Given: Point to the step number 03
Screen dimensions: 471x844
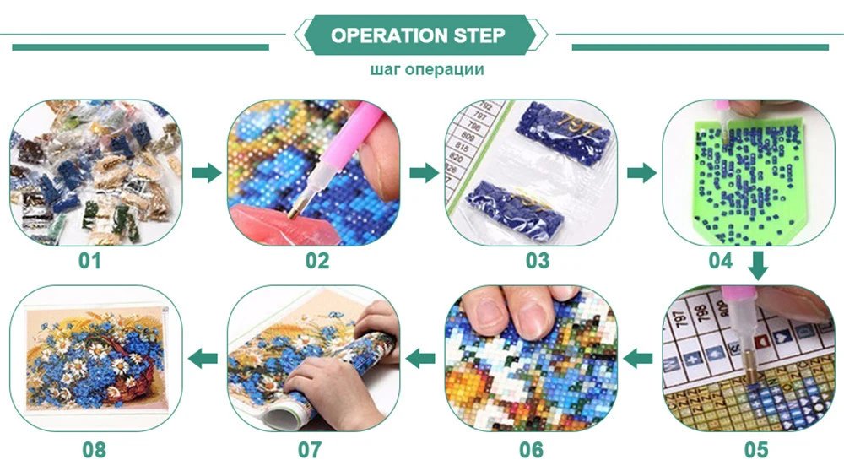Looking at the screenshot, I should point(538,261).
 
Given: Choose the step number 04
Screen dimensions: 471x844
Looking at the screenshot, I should point(720,261).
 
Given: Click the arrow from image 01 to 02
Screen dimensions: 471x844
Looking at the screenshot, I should point(205,174).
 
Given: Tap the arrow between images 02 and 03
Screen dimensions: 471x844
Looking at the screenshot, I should point(424,174).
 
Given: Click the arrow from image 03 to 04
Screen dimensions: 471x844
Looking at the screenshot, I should point(641,174).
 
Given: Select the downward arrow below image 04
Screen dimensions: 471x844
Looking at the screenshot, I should point(757,268).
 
